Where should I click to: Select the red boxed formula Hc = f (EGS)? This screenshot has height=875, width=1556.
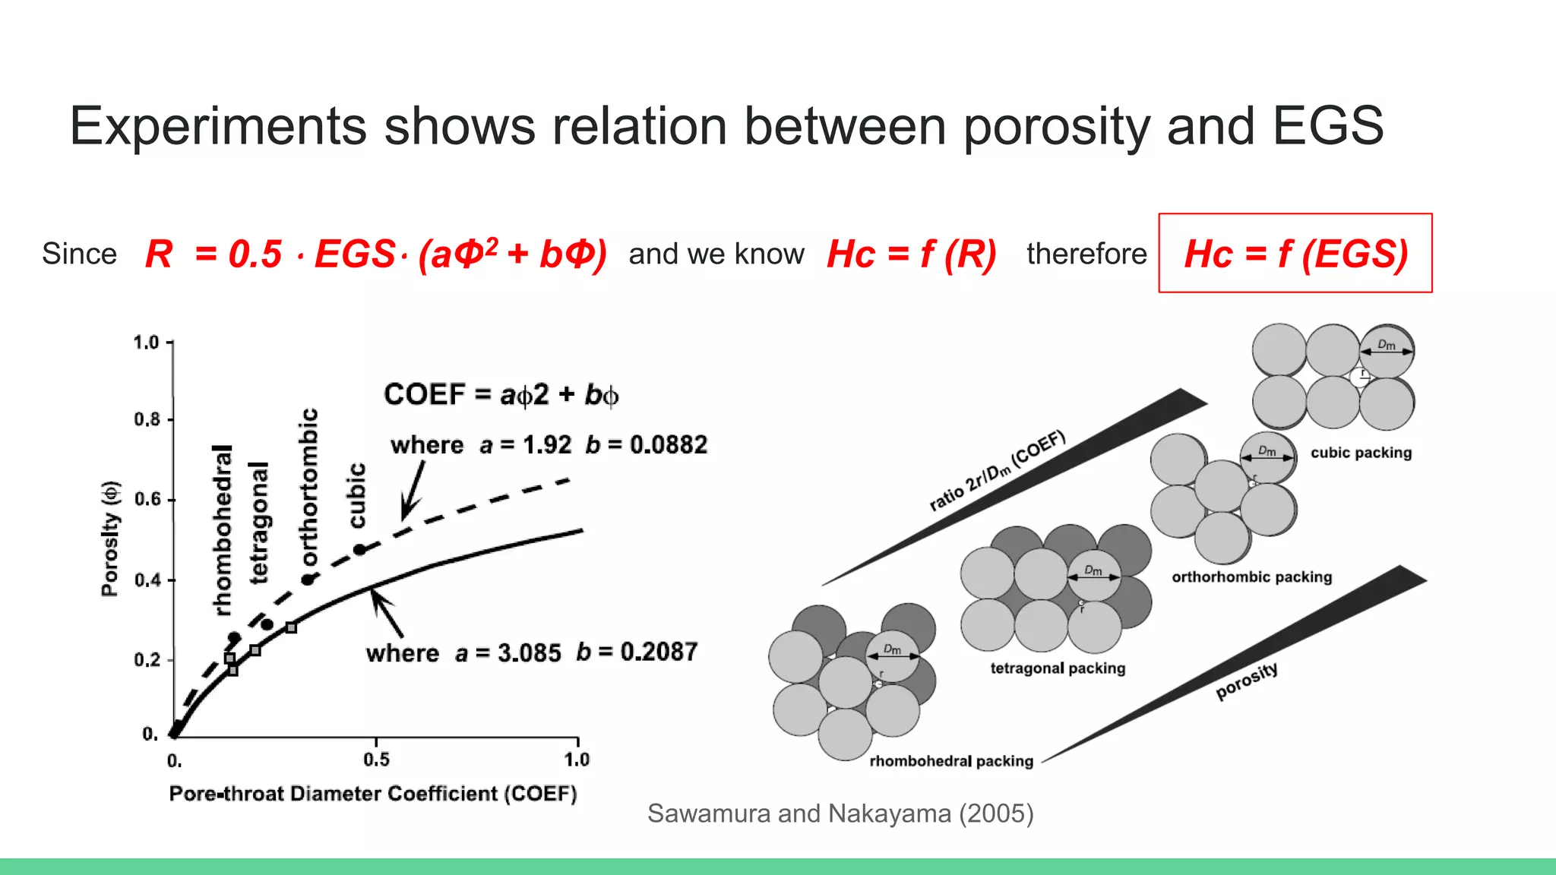1295,254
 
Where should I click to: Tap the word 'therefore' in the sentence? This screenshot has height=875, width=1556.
1086,254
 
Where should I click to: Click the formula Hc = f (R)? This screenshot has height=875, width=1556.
911,254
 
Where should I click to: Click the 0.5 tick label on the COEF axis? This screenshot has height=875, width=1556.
376,760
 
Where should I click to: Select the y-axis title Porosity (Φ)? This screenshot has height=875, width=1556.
110,539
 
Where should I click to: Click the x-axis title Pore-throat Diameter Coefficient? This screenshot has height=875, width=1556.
372,794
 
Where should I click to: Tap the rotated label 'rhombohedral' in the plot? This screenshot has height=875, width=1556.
222,529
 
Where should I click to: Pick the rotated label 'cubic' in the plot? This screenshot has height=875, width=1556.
356,495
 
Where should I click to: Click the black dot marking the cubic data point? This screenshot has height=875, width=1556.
359,549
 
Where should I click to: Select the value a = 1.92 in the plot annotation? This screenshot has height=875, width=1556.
525,444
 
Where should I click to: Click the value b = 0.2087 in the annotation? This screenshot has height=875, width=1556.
637,652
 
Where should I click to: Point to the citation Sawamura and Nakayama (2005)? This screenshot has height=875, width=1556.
840,813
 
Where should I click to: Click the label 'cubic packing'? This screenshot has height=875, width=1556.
1361,453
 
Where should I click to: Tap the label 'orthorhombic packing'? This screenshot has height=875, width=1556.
1251,577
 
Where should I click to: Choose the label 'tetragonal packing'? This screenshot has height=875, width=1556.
1058,668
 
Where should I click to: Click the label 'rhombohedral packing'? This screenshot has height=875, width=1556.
951,761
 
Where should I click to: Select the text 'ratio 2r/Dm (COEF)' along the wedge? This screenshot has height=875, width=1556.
998,470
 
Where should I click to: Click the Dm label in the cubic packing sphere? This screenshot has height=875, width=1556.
1387,345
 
